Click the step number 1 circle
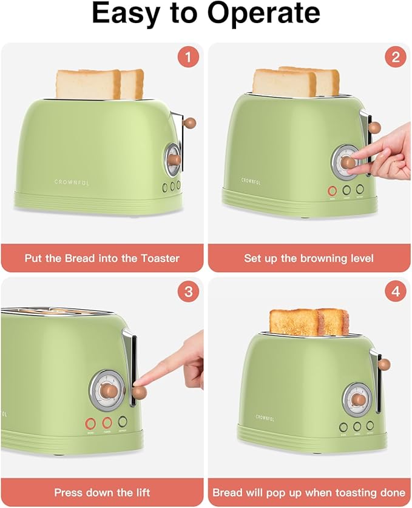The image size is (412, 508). coord(188,58)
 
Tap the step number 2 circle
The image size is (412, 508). coord(396,58)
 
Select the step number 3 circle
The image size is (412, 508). coord(188,292)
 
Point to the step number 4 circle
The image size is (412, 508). coord(396,292)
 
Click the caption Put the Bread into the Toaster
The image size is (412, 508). coord(102,258)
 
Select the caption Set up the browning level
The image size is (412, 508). coord(309,258)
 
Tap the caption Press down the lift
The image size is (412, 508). coord(102,492)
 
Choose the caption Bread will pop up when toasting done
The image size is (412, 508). coord(309,492)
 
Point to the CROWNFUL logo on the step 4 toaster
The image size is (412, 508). coord(265,416)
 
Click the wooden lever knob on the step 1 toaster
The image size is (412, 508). coord(190,122)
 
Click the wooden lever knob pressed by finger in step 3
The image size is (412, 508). coord(139,393)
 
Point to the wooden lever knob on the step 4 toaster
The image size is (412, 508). coord(383,364)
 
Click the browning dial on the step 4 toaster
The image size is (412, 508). coord(357,399)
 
